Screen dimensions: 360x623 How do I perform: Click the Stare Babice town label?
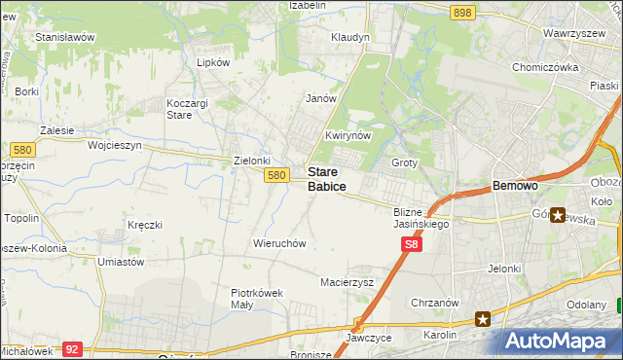pos(327,177)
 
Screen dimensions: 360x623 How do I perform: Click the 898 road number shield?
pos(462,12)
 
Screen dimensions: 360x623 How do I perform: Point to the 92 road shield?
pos(71,347)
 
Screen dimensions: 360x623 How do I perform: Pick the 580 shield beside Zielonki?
pos(276,175)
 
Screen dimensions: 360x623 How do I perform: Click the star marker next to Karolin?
pos(483,317)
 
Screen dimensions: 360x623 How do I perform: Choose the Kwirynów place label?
pos(348,136)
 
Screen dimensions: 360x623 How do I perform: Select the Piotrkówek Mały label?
pos(256,298)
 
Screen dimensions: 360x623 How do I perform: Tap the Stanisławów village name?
pos(64,37)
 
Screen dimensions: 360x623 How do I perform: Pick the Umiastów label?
pos(122,262)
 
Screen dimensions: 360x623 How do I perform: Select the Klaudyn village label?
pos(350,37)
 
